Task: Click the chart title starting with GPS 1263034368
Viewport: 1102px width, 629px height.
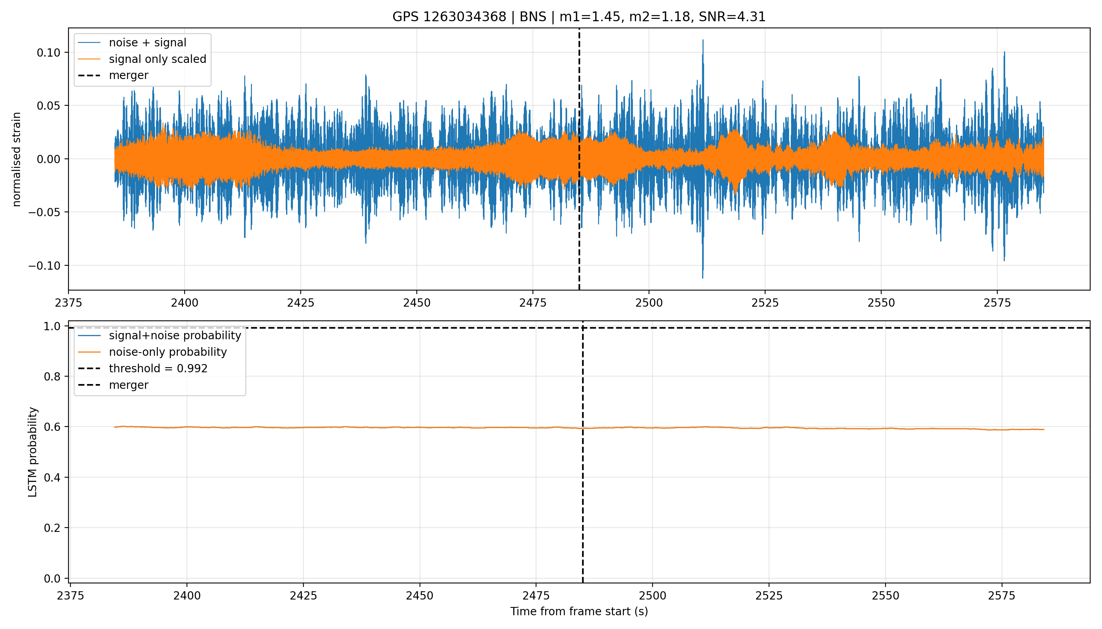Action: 579,17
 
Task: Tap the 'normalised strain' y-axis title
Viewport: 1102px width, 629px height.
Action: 17,159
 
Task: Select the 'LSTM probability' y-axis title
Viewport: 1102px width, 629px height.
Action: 33,452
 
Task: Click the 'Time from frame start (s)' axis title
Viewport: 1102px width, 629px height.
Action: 579,612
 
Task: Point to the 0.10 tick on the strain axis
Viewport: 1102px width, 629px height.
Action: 50,53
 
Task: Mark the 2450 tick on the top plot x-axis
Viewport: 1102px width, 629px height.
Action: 416,303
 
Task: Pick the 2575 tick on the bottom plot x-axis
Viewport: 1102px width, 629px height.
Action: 1002,596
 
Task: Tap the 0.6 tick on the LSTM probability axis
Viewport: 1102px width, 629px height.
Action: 53,427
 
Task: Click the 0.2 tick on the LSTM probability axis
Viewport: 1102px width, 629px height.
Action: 53,528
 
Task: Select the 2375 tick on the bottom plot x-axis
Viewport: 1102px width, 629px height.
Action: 70,596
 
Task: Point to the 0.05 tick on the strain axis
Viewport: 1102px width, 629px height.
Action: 50,106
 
